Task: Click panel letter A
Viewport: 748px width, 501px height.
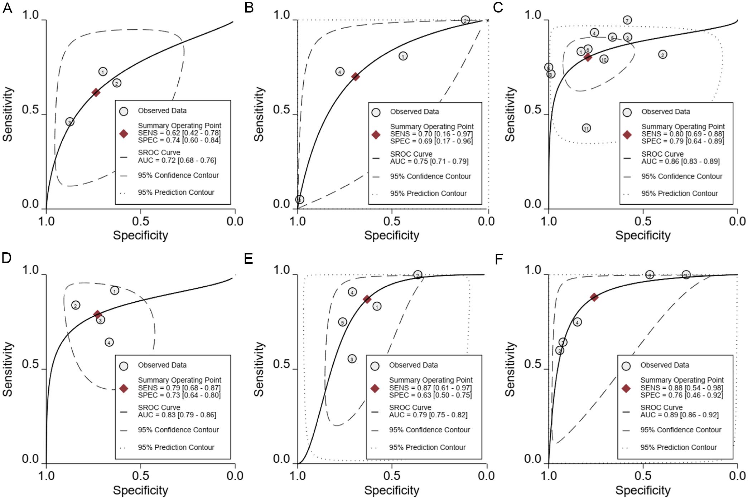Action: [x=7, y=8]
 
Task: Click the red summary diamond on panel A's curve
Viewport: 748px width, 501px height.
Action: [x=96, y=92]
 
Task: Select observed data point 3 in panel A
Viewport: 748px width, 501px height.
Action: [x=70, y=122]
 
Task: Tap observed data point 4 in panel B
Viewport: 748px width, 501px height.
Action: [x=340, y=72]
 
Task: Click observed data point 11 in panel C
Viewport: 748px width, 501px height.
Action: [x=586, y=128]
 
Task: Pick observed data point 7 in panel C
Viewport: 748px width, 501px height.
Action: [x=627, y=20]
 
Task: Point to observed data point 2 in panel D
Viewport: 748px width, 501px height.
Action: [x=76, y=305]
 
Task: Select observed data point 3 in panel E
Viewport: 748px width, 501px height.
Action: [x=352, y=359]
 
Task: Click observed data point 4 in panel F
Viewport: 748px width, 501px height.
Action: [x=577, y=322]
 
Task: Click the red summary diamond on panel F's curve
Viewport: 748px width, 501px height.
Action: [x=594, y=297]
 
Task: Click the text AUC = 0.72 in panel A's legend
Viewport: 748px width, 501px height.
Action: [x=177, y=160]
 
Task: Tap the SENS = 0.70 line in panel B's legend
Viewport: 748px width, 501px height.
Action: [x=431, y=134]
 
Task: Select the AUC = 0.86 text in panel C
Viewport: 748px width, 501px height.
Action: [x=680, y=161]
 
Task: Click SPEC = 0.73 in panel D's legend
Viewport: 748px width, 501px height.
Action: [x=179, y=395]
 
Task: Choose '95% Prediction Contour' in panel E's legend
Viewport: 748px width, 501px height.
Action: [x=427, y=447]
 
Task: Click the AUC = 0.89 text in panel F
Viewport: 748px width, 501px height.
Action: [x=679, y=415]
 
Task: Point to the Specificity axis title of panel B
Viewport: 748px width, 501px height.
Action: [x=391, y=235]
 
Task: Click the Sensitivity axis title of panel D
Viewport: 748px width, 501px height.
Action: [x=8, y=369]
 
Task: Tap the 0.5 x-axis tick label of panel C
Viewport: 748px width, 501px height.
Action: [x=643, y=221]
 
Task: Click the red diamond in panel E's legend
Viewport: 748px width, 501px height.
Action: [x=375, y=388]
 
